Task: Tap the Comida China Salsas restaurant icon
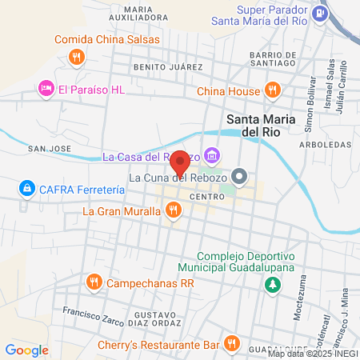77,57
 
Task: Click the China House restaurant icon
273,90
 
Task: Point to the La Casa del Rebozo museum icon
212,154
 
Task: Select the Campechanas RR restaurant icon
94,282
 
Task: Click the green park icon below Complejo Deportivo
274,284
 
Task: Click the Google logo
26,350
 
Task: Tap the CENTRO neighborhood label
206,195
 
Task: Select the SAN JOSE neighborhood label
50,149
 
